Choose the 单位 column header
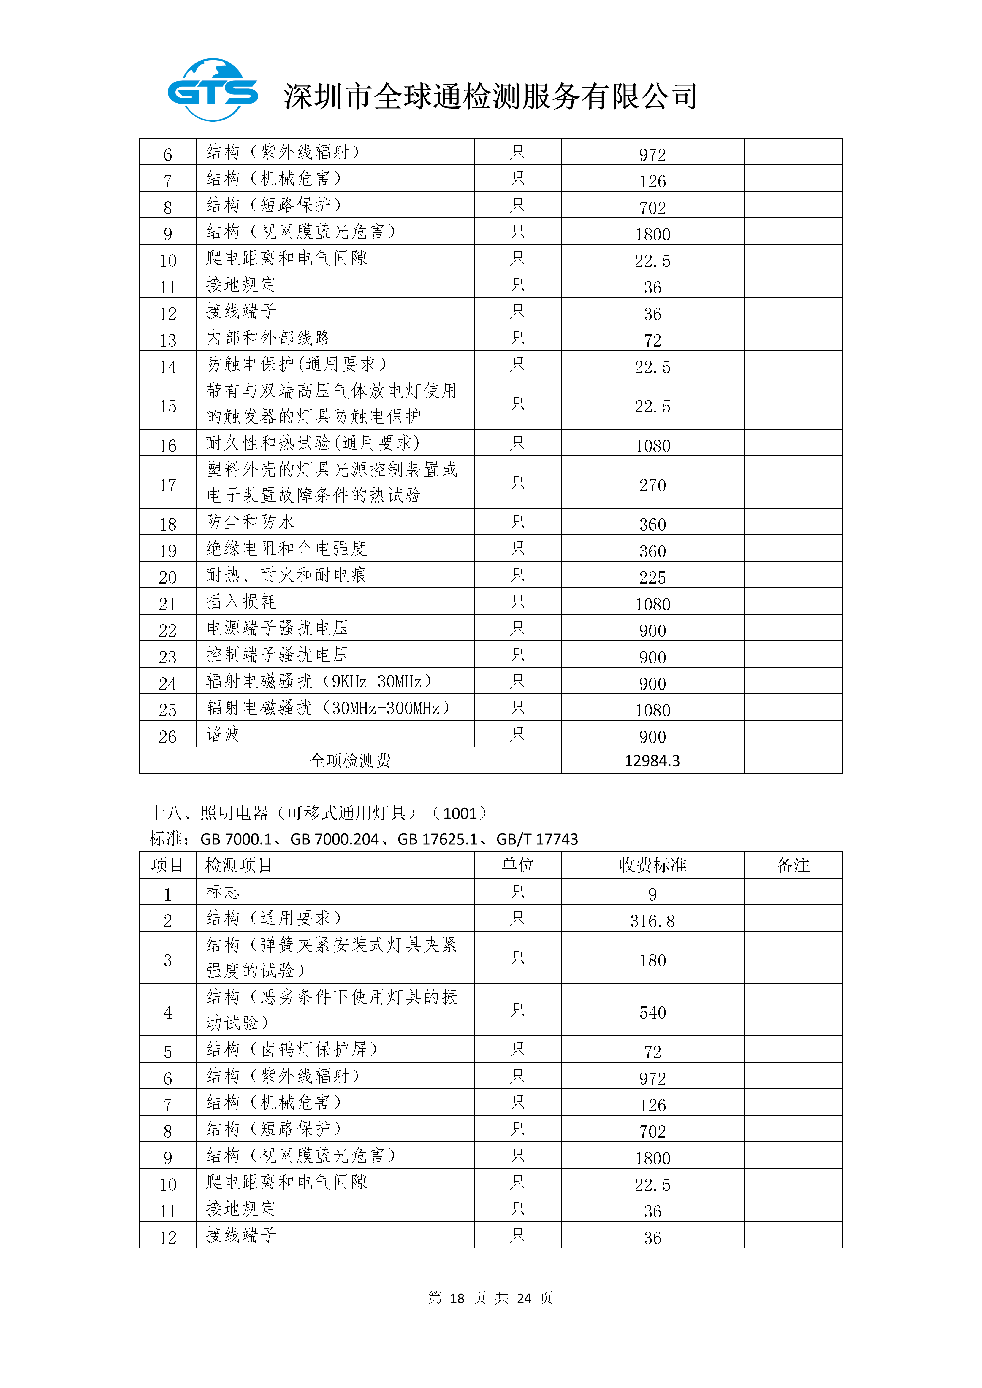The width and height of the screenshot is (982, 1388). (518, 865)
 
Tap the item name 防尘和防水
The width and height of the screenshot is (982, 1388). (250, 522)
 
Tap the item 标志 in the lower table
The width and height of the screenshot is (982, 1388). (223, 892)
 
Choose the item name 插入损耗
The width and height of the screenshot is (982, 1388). (241, 601)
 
